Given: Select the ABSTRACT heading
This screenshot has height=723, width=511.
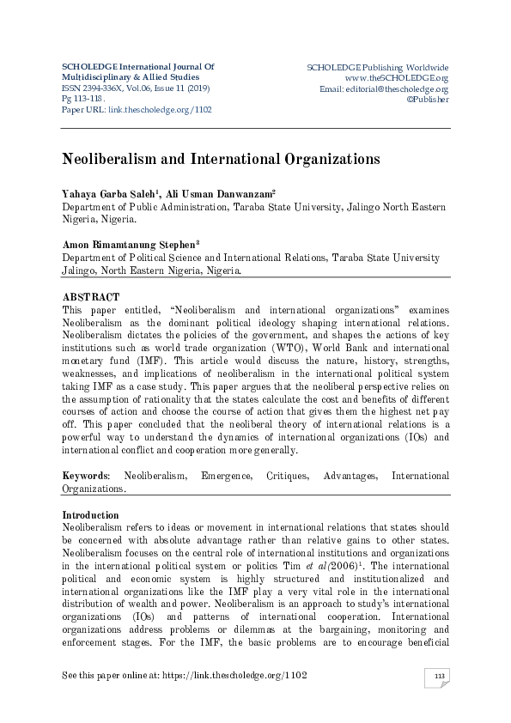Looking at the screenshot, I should coord(91,296).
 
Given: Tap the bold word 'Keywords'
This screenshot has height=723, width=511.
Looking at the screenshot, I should coord(85,475).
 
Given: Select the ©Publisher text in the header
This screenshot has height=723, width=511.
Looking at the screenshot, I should coord(427,100).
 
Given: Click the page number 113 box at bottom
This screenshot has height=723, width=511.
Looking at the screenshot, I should coord(439,678).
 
